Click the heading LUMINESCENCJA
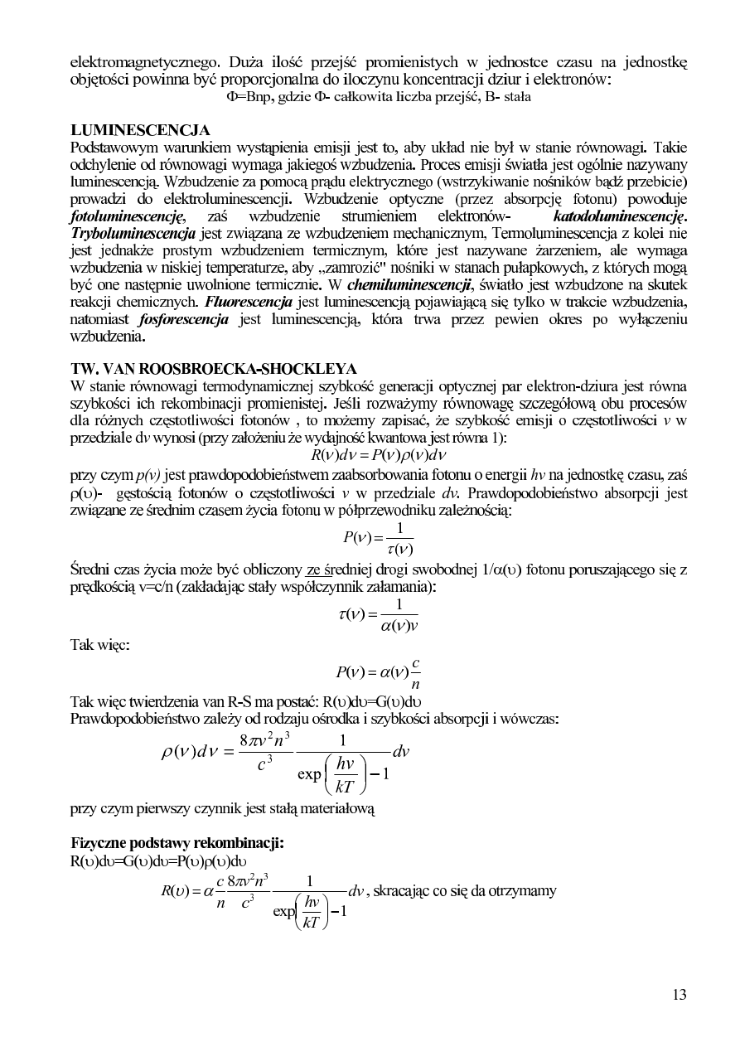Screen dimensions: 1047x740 pos(140,130)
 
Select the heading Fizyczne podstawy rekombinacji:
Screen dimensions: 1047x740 pos(177,842)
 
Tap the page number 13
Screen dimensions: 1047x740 pos(679,995)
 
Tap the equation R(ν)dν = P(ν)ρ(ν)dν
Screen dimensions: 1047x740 pos(377,455)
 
